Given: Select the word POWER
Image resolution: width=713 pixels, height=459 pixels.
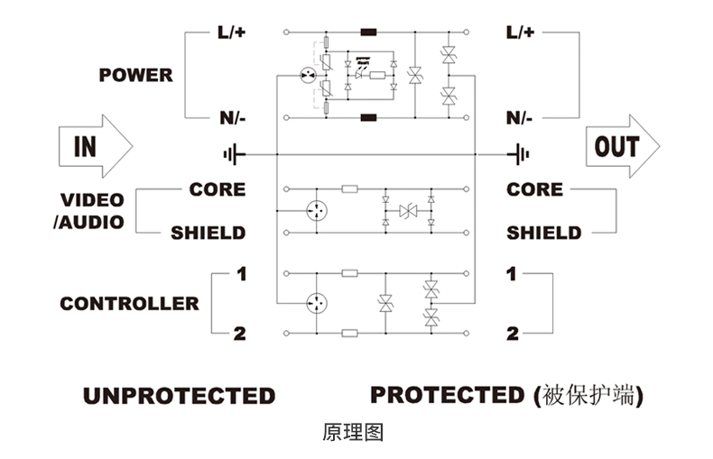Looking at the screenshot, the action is (136, 75).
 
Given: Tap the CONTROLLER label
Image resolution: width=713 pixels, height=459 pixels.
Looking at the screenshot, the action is (130, 304).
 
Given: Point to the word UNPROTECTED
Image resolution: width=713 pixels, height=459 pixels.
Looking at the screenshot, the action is (180, 396).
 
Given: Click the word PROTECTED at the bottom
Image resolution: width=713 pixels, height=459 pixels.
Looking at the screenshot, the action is (448, 395).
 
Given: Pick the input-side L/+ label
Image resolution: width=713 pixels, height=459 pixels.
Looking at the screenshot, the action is (231, 32).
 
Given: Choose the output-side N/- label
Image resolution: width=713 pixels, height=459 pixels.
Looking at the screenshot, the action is (519, 118).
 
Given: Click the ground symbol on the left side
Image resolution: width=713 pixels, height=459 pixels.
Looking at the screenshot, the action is (234, 154).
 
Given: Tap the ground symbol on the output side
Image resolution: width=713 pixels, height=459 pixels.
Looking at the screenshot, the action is (519, 154).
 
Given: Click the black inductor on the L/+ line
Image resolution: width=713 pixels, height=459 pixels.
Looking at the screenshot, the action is (368, 32).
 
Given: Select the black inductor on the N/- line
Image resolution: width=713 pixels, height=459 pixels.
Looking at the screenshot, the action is (368, 118).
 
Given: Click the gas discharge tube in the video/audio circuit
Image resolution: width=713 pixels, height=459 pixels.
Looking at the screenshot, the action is (317, 211).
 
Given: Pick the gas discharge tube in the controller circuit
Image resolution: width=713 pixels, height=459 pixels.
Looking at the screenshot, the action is (317, 303).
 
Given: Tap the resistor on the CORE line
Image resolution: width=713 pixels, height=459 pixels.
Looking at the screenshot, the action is (349, 189).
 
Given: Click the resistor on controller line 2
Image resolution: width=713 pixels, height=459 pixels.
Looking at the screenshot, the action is (349, 333).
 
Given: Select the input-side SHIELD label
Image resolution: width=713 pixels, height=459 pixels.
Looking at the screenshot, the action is (208, 234).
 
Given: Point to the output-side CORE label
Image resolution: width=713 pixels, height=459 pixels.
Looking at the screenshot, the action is (534, 189).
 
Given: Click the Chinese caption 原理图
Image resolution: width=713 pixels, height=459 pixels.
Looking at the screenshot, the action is (353, 432).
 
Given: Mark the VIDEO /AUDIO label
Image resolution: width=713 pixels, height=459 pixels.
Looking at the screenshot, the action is (89, 211).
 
